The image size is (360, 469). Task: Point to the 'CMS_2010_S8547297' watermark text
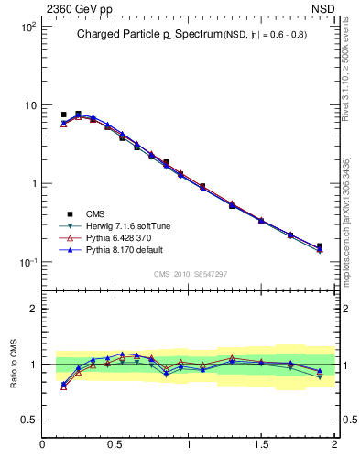(x=190, y=274)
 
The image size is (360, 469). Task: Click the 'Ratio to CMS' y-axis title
(x=14, y=364)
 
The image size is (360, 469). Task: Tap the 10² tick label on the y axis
(x=27, y=27)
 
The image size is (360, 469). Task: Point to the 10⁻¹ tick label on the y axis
(x=27, y=262)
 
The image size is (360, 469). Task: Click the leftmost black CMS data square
(x=63, y=115)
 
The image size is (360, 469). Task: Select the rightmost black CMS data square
(x=320, y=246)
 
